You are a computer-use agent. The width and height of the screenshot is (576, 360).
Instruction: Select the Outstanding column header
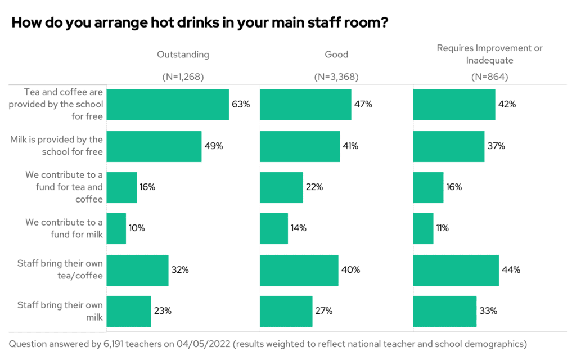183,55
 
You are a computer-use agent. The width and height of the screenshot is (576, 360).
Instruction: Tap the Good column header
336,55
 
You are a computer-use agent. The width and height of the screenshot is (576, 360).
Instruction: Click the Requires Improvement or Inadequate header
489,54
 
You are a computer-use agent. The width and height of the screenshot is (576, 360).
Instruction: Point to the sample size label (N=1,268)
183,77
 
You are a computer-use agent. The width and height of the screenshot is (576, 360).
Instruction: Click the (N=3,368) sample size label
336,77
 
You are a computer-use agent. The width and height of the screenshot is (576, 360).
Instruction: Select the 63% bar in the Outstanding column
168,105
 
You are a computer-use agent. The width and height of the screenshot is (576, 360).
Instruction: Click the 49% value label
214,146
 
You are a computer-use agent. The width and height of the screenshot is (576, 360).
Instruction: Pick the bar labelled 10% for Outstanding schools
116,228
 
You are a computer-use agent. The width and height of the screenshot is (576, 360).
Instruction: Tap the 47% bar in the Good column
305,105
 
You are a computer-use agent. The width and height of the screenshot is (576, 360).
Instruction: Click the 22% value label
314,187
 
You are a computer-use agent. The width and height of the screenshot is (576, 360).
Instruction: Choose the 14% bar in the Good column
274,228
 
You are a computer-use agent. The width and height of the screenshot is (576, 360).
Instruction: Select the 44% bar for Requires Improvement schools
456,270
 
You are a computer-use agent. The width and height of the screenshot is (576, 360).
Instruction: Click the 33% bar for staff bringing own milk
445,311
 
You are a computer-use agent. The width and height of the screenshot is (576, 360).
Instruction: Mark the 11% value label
444,228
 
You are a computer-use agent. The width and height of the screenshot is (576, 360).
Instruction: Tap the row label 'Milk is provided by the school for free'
56,146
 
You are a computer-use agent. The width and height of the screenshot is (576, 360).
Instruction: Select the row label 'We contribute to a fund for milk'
64,228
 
